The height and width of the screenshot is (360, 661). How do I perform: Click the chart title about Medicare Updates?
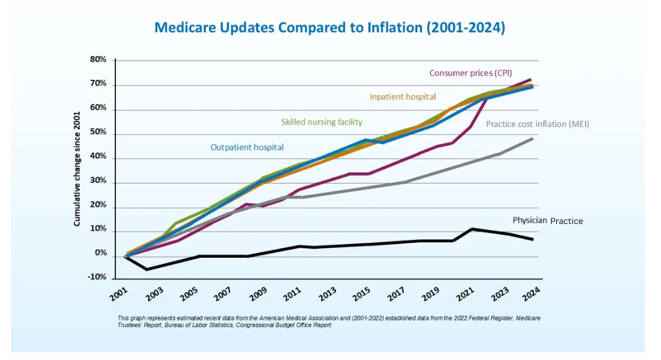pyautogui.click(x=329, y=27)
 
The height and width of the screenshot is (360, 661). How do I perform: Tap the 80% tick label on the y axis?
pyautogui.click(x=99, y=60)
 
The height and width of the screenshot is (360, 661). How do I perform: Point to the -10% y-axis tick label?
pyautogui.click(x=97, y=278)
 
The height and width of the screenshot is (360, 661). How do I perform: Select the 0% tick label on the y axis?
pyautogui.click(x=100, y=254)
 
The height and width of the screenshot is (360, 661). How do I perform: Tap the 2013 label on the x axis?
pyautogui.click(x=328, y=294)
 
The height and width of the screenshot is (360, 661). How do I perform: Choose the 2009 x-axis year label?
pyautogui.click(x=258, y=294)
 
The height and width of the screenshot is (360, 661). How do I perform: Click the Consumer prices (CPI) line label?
pyautogui.click(x=470, y=73)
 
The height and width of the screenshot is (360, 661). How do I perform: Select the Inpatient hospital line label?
pyautogui.click(x=402, y=97)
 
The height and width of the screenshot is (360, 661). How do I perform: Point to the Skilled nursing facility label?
pyautogui.click(x=321, y=122)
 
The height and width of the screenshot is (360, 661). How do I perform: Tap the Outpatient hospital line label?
pyautogui.click(x=247, y=147)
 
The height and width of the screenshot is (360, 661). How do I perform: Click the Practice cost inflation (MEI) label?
pyautogui.click(x=537, y=124)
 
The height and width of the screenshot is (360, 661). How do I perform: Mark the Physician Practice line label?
pyautogui.click(x=548, y=221)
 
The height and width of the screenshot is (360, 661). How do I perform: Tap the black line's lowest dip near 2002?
pyautogui.click(x=147, y=269)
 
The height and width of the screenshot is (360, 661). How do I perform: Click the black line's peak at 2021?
pyautogui.click(x=472, y=229)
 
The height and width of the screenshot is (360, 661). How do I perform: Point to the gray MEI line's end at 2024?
pyautogui.click(x=532, y=139)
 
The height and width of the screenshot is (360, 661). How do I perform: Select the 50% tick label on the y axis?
pyautogui.click(x=99, y=133)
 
